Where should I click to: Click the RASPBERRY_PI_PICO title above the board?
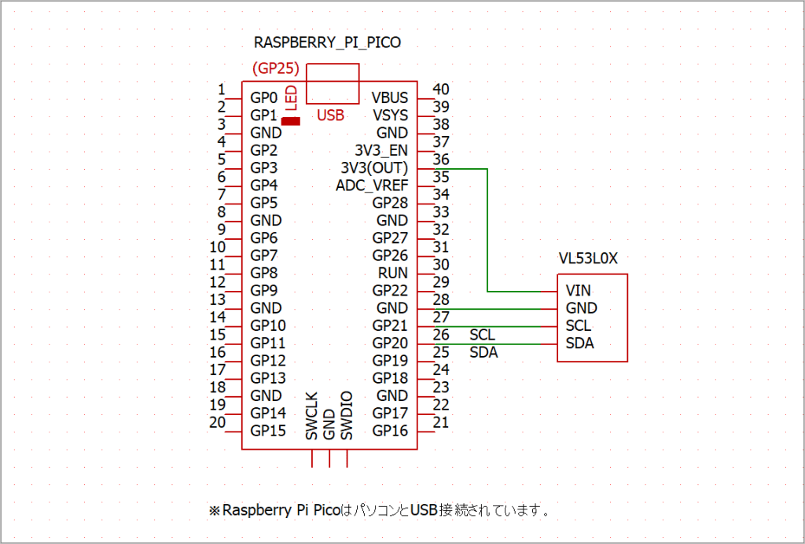(x=327, y=42)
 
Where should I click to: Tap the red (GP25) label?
(x=276, y=68)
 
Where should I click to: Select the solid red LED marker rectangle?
(x=291, y=121)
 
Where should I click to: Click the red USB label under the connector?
(x=330, y=116)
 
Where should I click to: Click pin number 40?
(x=441, y=90)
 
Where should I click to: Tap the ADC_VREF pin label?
(x=372, y=186)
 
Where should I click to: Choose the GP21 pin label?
(x=390, y=325)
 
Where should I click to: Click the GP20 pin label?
(x=390, y=343)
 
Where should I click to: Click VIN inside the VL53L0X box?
(x=578, y=291)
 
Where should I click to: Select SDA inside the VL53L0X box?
(x=579, y=344)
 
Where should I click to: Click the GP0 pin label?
(x=263, y=98)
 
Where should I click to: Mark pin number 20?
(x=217, y=423)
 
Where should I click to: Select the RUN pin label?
(x=393, y=273)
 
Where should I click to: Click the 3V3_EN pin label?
(x=381, y=150)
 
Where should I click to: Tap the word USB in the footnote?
(x=421, y=510)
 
